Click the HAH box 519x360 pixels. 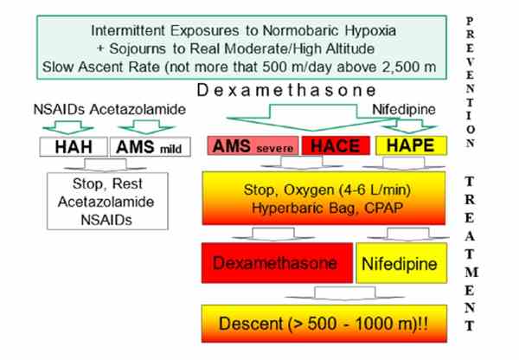tap(74, 147)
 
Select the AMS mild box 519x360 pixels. tap(150, 147)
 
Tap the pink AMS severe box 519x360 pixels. tap(253, 145)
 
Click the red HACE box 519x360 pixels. tap(336, 145)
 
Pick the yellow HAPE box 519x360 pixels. tap(411, 145)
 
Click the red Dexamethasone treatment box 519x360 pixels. tap(277, 263)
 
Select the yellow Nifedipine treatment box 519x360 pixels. tap(401, 263)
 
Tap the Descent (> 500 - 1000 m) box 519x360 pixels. tap(324, 324)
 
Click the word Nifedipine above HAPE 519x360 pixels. tap(404, 110)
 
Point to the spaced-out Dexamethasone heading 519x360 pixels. tap(286, 90)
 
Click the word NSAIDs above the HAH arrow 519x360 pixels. tap(59, 110)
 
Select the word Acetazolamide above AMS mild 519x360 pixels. tap(138, 110)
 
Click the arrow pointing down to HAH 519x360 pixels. tap(68, 127)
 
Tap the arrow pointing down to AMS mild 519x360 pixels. tap(146, 127)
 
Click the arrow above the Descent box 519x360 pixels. tap(345, 293)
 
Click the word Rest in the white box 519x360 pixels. tap(127, 183)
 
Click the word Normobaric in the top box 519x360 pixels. tap(301, 31)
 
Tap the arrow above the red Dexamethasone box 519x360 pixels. tap(273, 234)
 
